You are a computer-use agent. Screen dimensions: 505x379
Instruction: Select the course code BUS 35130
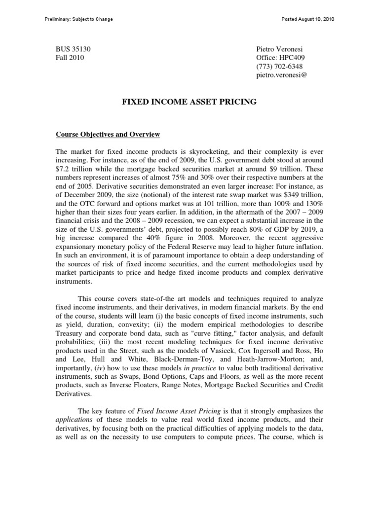[73, 49]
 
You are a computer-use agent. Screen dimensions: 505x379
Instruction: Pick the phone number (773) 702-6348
[279, 67]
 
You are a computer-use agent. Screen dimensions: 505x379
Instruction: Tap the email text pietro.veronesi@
[281, 75]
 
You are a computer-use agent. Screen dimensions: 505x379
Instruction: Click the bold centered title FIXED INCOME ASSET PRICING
[189, 102]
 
